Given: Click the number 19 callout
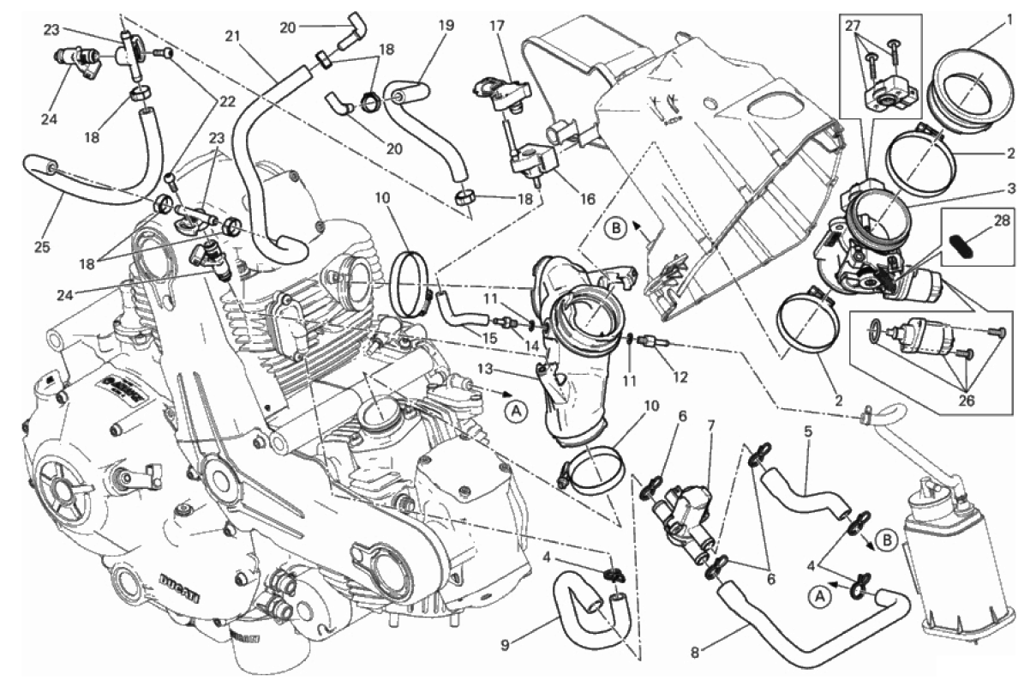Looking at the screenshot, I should point(446,26).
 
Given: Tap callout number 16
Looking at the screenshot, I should point(586,198).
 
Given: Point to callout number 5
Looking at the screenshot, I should point(807,431).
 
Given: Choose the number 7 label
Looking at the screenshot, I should point(710,426).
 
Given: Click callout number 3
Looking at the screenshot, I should point(1011,189).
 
